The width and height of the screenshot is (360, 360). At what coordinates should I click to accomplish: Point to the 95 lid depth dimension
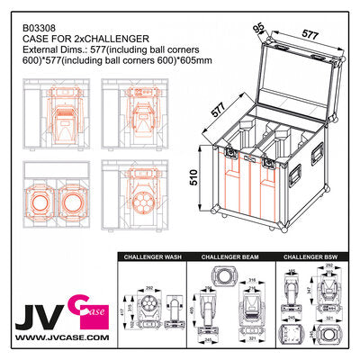[259, 29]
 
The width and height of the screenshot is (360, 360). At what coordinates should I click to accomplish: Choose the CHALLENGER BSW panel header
[310, 257]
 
